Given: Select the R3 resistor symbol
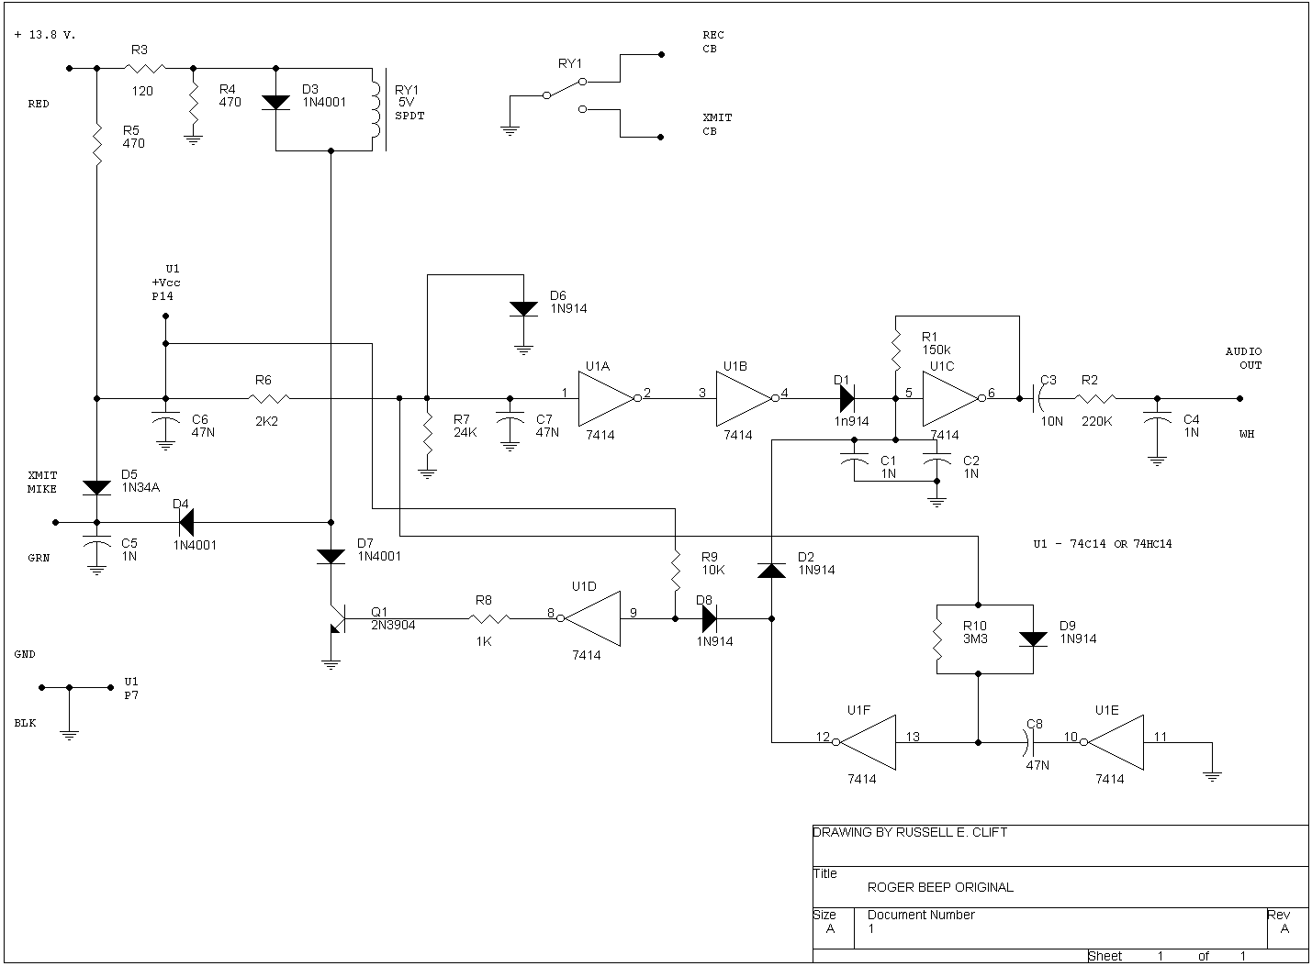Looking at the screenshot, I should (144, 68).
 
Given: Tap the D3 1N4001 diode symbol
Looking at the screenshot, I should (276, 102).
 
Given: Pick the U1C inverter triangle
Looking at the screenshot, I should (951, 399).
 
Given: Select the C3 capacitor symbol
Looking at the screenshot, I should (1038, 399).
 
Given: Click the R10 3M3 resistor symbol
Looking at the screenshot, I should (937, 639).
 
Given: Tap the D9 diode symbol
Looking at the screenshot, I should (1034, 639).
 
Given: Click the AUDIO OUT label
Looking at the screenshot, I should (1244, 358).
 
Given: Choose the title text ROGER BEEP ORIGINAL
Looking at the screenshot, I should (940, 887).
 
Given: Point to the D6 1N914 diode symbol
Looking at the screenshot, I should (523, 309).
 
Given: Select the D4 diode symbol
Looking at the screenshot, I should (185, 523).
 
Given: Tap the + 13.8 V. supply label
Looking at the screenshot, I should (46, 35).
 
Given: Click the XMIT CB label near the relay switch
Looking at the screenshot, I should (717, 125).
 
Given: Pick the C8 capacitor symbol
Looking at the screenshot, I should (1033, 742).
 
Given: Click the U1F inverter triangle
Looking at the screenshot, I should (867, 742).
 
